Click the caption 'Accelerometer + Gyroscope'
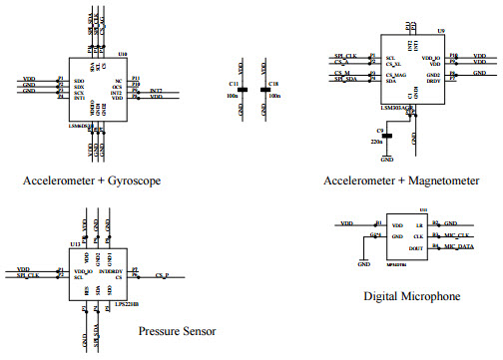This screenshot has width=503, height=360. point(91,180)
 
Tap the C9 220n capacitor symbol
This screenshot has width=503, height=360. point(388,134)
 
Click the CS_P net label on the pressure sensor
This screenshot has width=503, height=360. point(162,275)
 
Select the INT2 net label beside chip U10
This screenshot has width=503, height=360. point(156,92)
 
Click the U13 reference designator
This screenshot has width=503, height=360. point(76,243)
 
